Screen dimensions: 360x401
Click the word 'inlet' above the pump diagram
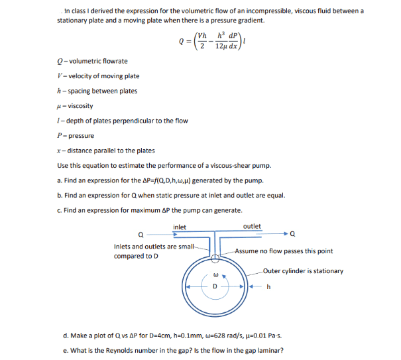click(x=180, y=227)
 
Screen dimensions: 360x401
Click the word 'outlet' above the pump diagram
click(x=252, y=227)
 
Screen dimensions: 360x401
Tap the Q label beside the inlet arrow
click(x=141, y=234)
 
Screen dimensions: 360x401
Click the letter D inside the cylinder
click(x=215, y=286)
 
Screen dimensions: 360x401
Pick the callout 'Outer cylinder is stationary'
click(x=303, y=270)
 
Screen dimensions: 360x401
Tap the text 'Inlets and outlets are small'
click(x=154, y=247)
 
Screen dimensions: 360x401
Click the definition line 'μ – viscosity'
click(x=76, y=106)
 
